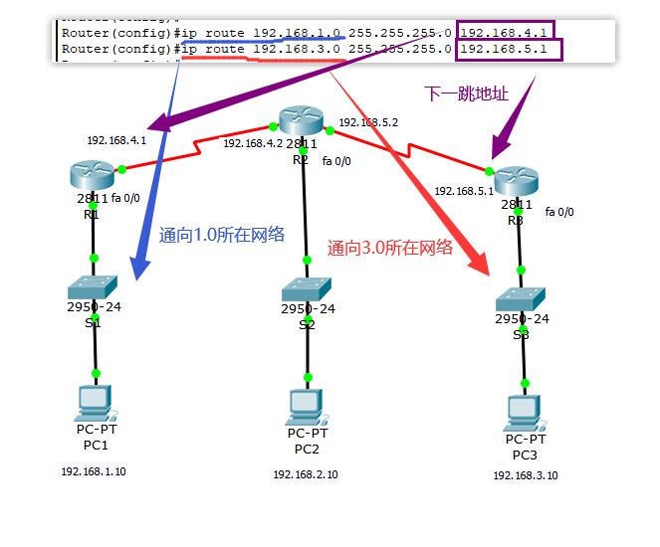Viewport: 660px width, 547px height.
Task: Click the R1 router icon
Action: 93,174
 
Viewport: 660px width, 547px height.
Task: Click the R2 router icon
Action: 301,121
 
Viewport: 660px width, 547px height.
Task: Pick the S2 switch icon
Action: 308,290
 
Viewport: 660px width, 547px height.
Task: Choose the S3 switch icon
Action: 522,298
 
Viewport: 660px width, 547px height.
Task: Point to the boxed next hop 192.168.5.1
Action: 509,49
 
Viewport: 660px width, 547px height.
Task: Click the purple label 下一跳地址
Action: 466,93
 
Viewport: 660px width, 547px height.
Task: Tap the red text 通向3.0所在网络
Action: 390,248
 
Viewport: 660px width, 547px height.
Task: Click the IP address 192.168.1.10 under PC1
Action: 94,471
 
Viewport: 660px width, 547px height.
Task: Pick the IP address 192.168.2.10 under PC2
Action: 306,474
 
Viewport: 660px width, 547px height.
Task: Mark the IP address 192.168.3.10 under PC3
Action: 525,475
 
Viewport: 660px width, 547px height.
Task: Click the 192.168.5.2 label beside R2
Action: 368,122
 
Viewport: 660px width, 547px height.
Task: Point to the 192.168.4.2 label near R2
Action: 253,143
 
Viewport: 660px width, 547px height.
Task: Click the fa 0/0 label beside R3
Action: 559,212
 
